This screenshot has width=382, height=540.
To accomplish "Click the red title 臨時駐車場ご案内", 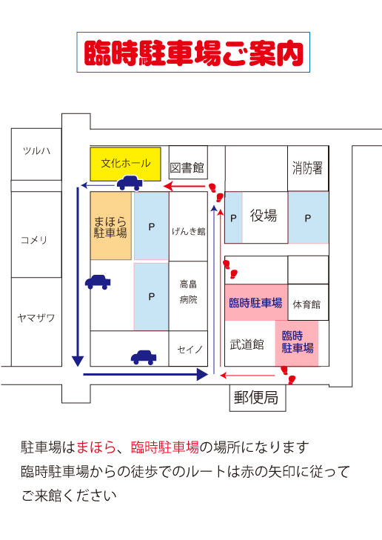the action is [193, 53].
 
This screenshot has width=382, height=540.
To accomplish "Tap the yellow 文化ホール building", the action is [126, 164].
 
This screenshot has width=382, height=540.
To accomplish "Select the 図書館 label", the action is [187, 167].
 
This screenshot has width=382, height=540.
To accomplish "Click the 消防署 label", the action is [308, 168].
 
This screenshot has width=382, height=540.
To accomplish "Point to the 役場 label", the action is [264, 216].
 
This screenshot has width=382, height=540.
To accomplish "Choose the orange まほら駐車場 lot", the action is [111, 226].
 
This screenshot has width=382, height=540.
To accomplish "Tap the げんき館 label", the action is [189, 231].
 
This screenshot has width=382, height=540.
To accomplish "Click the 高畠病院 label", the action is [188, 292].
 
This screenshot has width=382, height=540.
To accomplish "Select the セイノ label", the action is [190, 350].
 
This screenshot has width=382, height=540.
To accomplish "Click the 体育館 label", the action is [306, 304].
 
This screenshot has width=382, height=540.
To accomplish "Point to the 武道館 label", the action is [247, 344].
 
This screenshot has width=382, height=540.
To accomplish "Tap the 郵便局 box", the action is [258, 398].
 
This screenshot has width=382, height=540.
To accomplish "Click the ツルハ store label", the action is [36, 150].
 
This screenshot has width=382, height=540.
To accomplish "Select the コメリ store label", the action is [34, 240].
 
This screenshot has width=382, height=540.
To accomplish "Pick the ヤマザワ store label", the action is [36, 318].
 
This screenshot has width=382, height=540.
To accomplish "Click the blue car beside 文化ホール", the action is [130, 183].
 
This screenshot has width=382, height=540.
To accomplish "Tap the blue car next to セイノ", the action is [144, 357].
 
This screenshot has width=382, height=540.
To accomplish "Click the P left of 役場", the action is [233, 219].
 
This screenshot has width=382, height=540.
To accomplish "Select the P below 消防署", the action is [308, 218].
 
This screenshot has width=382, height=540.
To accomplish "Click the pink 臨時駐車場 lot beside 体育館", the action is [256, 302].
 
